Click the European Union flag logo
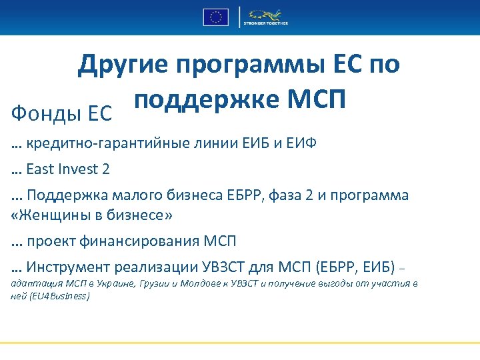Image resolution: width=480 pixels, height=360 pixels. [x=215, y=17]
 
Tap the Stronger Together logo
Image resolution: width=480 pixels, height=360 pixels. [x=265, y=17]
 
